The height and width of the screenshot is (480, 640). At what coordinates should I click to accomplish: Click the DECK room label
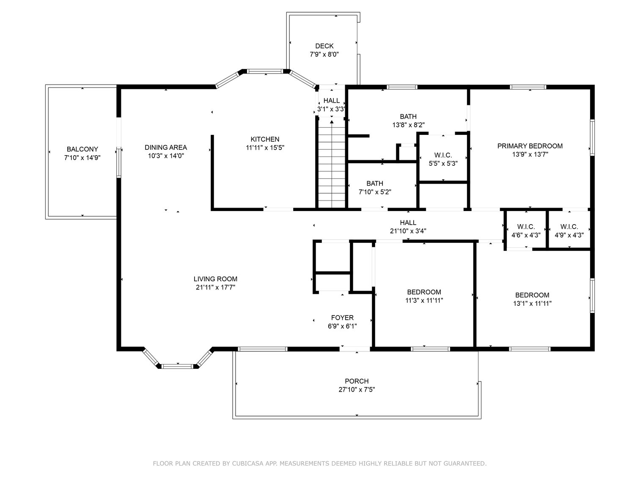click(324, 46)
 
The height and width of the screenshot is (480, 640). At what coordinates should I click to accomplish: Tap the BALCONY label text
click(82, 149)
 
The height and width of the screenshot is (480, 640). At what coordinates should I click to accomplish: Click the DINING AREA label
click(165, 148)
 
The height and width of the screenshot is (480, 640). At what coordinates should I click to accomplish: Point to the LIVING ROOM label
click(215, 279)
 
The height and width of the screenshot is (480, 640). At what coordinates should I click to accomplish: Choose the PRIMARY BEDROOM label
click(530, 146)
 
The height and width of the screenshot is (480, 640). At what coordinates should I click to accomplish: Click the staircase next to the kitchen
click(331, 165)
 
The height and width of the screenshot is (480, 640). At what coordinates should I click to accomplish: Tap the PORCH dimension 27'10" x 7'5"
click(357, 389)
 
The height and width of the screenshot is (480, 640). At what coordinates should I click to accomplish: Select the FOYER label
click(342, 318)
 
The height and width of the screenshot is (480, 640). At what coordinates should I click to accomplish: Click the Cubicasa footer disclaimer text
click(319, 464)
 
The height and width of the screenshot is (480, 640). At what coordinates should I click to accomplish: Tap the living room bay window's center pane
click(178, 365)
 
